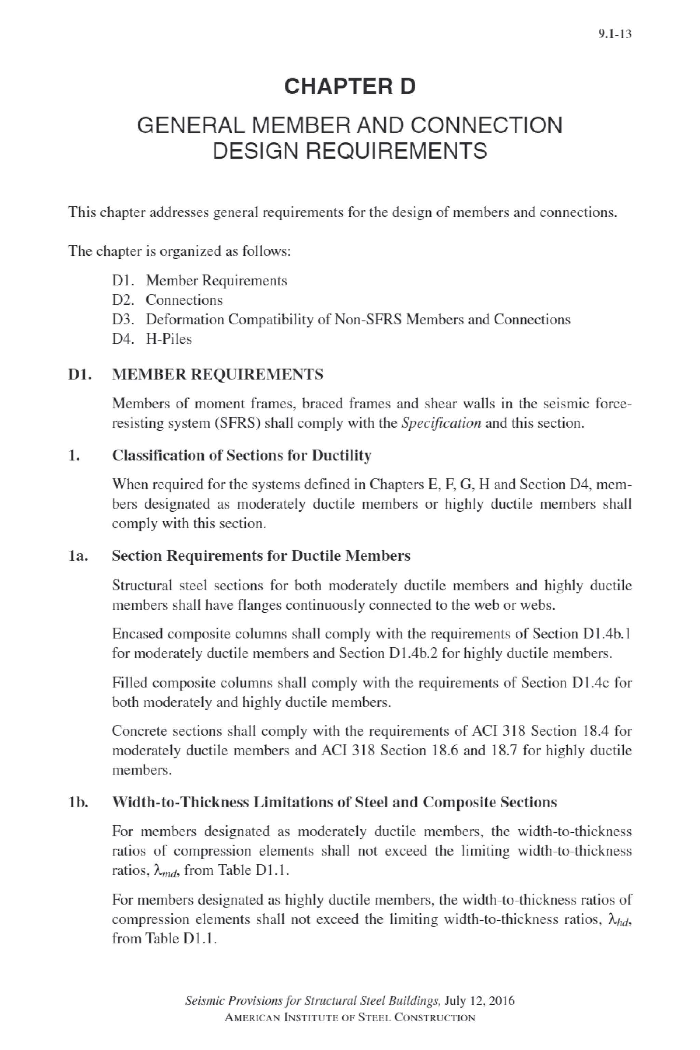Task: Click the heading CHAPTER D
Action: pyautogui.click(x=350, y=86)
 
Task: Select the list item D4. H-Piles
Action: pyautogui.click(x=152, y=339)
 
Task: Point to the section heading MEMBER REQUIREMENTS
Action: pyautogui.click(x=217, y=374)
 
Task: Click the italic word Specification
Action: pyautogui.click(x=441, y=423)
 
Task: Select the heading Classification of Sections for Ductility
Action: pyautogui.click(x=242, y=455)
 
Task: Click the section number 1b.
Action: pyautogui.click(x=78, y=802)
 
